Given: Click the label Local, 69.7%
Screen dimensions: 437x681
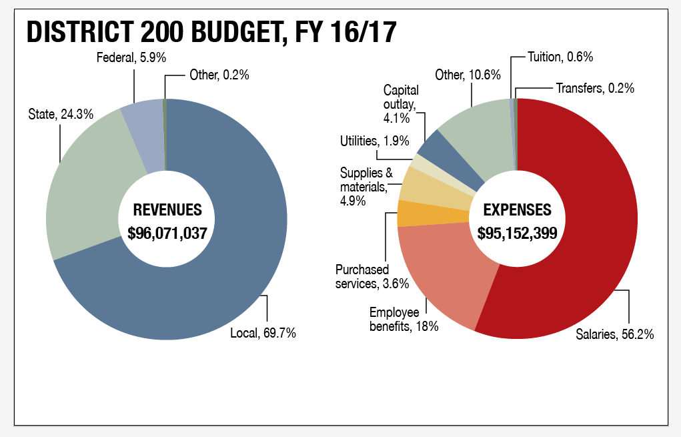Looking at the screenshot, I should (263, 333).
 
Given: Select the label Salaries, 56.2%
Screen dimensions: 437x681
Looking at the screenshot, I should (614, 334).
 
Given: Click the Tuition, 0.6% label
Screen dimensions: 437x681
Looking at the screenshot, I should (560, 57).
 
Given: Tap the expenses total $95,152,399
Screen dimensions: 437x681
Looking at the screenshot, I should (518, 233).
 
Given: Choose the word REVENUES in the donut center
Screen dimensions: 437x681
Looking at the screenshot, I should (167, 209).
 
